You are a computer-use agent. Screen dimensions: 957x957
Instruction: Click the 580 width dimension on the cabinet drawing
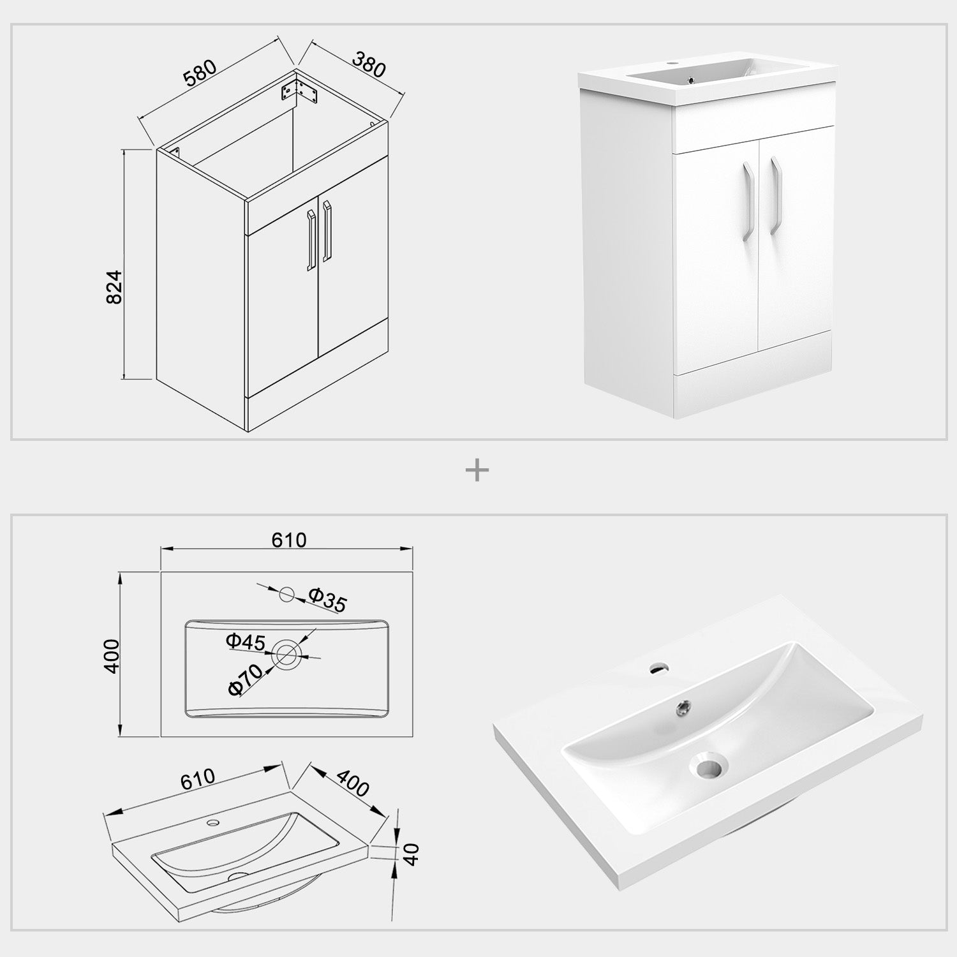coord(200,73)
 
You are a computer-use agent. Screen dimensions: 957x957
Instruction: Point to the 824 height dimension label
coord(113,286)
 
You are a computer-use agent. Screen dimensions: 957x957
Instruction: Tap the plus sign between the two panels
coord(477,471)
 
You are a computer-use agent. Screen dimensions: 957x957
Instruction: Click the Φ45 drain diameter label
coord(246,641)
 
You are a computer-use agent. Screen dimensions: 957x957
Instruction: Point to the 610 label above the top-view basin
coord(289,540)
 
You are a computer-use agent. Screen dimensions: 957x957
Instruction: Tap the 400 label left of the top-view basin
coord(112,655)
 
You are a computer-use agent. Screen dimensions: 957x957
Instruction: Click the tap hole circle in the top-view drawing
coord(286,594)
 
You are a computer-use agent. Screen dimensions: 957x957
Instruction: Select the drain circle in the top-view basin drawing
coord(286,653)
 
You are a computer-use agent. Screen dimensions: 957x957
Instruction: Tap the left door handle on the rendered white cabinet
coord(748,199)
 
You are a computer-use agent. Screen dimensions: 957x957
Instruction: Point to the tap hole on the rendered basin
coord(657,669)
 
